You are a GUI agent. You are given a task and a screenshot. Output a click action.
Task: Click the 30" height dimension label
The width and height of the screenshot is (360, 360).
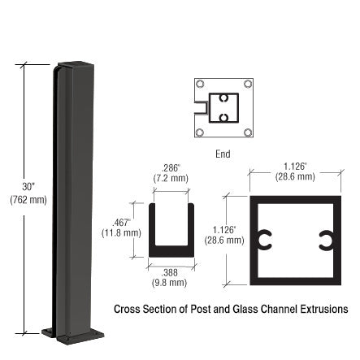(x=28, y=186)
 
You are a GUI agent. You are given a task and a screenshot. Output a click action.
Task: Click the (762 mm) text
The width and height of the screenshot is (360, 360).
(x=28, y=200)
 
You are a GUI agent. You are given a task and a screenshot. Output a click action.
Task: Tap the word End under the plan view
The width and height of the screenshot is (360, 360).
(x=223, y=154)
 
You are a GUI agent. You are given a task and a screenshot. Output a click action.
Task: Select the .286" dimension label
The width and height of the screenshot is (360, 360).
(x=171, y=168)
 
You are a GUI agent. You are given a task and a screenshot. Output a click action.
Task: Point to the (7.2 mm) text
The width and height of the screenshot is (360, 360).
(x=171, y=178)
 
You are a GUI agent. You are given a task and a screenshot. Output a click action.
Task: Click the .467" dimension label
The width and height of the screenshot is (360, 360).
(x=121, y=223)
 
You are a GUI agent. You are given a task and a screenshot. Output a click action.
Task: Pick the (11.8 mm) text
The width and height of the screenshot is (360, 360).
(x=121, y=232)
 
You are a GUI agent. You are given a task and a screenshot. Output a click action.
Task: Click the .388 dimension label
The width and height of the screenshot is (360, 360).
(x=170, y=272)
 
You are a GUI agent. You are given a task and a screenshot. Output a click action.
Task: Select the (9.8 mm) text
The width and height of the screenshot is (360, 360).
(x=170, y=283)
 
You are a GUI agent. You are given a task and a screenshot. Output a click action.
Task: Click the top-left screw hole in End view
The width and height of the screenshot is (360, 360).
(x=200, y=84)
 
